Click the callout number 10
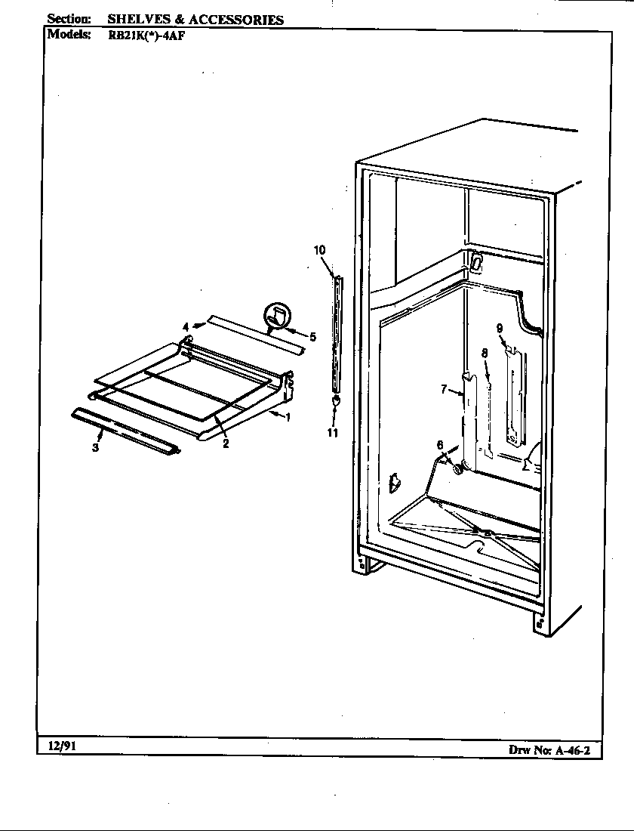coord(319,249)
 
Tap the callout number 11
coord(333,433)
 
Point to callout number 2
coord(226,443)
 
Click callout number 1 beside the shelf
coord(288,418)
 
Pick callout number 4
coord(185,327)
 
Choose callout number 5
coord(312,335)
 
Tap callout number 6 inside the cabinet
coord(440,445)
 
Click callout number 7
coord(445,390)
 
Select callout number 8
coord(484,353)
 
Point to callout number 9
coord(500,327)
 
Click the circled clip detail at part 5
coord(276,317)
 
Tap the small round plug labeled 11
coord(335,400)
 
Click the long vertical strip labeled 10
coord(336,332)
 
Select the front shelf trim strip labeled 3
coord(126,431)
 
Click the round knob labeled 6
coord(457,469)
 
